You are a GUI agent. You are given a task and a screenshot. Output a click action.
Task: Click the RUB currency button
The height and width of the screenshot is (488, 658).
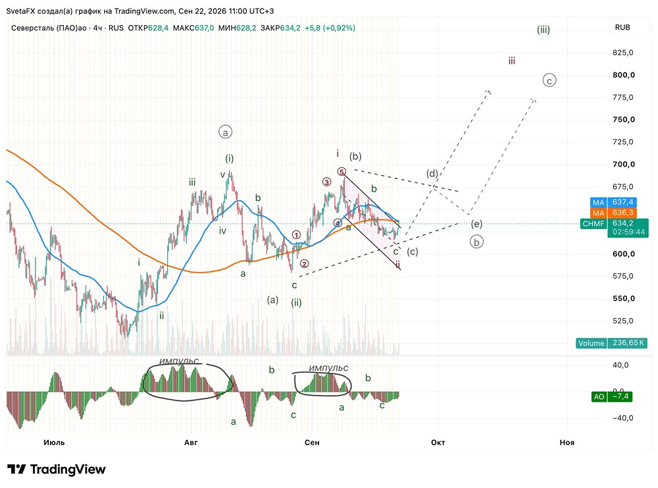(x=622, y=27)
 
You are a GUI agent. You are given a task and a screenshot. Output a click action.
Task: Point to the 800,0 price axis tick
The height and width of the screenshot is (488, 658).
(x=623, y=75)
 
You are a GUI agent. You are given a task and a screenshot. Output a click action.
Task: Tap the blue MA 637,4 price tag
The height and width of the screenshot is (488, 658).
(x=613, y=202)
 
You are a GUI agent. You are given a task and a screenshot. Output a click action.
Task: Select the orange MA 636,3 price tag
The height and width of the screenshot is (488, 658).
(x=613, y=213)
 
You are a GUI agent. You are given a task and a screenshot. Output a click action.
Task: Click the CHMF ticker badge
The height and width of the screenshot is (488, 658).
(x=594, y=224)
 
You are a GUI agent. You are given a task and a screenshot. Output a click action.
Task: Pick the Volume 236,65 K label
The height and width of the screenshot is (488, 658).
(x=611, y=343)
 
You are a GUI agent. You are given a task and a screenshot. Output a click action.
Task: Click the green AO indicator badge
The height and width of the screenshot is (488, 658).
(x=599, y=396)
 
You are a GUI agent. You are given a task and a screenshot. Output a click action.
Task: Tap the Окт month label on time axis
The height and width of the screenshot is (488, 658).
(x=438, y=442)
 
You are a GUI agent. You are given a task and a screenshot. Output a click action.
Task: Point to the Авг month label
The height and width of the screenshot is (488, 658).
(x=191, y=442)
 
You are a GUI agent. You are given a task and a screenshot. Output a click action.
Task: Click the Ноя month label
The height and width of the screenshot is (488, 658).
(x=567, y=442)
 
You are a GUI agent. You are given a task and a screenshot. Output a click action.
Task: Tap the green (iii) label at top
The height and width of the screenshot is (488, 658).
(x=544, y=30)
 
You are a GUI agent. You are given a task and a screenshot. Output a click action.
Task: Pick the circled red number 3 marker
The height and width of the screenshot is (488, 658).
(x=326, y=182)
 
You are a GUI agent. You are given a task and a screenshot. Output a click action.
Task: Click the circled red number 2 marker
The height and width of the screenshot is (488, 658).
(x=304, y=263)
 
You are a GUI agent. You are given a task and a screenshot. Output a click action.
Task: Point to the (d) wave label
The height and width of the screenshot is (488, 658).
(x=432, y=173)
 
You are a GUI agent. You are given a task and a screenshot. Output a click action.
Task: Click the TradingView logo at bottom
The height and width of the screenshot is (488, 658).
(x=57, y=469)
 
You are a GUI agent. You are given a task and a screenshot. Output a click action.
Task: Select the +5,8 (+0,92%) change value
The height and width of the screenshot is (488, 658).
(x=330, y=28)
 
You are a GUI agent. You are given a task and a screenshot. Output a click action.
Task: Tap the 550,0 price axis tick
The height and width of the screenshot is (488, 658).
(x=623, y=298)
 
